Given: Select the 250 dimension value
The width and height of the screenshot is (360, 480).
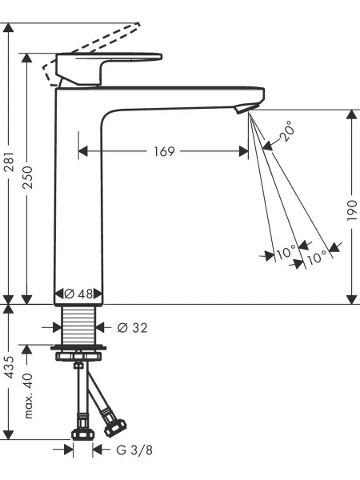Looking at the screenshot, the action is click(27, 177).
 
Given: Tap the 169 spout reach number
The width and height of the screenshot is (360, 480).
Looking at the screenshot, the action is click(164, 151).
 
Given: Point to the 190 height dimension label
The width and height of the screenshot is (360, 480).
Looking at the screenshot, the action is click(352, 210).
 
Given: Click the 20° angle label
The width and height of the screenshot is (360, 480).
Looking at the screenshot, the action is click(287, 130).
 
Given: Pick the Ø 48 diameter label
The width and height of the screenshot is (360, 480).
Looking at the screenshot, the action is click(78, 294).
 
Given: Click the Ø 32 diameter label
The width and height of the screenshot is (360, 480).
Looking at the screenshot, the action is click(133, 328).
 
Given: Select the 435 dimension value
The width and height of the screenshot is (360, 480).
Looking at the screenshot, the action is click(9, 366).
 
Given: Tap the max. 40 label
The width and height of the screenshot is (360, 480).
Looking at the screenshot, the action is click(28, 395).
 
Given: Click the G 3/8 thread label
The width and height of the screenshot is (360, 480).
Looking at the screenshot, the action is click(134, 450).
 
